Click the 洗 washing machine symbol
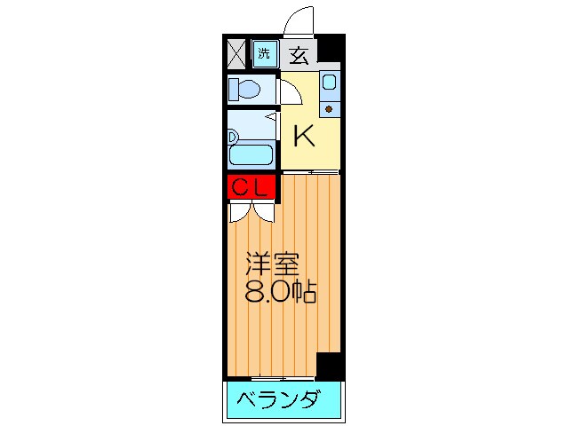tap(264, 53)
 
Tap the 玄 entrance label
tap(299, 55)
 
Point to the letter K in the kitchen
tap(304, 136)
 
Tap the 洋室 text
tap(273, 264)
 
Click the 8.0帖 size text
tap(277, 293)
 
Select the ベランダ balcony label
tap(277, 400)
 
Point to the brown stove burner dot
tap(329, 109)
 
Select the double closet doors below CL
tap(252, 212)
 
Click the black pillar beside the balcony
tap(330, 365)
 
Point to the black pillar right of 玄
tap(330, 49)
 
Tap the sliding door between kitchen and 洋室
tap(310, 171)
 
